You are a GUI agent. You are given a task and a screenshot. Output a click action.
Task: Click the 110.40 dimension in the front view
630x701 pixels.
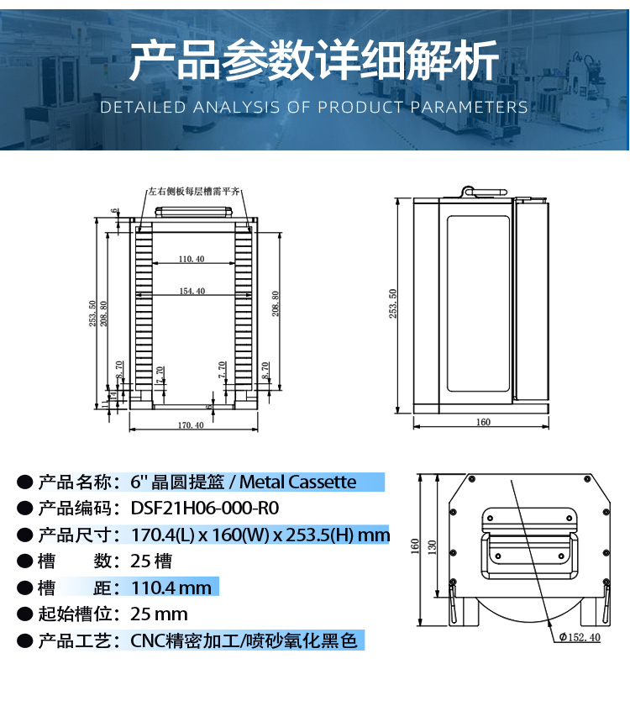[192, 259]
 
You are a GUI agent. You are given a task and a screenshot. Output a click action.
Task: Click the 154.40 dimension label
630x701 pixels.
[192, 291]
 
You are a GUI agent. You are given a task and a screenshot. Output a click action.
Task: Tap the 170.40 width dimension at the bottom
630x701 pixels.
[191, 425]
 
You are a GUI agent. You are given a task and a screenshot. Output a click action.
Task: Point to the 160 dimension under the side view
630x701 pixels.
[483, 422]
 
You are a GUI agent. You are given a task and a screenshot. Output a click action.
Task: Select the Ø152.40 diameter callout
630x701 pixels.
[580, 637]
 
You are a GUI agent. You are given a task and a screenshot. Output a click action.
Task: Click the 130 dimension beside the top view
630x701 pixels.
[432, 546]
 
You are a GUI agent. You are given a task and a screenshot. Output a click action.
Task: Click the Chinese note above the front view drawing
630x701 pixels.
[194, 192]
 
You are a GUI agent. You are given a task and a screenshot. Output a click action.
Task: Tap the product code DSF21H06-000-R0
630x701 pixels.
[205, 509]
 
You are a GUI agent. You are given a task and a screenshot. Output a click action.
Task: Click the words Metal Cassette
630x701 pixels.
[297, 482]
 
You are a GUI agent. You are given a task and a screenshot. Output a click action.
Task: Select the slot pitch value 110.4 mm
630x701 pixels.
[171, 588]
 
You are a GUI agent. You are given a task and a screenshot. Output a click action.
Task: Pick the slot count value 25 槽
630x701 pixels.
[151, 561]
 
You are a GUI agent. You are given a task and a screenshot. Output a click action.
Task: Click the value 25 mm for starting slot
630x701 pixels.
[159, 614]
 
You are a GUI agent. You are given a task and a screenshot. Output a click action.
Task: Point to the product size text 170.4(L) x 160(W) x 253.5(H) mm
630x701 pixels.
[260, 535]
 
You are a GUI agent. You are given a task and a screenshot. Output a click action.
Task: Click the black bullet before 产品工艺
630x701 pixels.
[25, 641]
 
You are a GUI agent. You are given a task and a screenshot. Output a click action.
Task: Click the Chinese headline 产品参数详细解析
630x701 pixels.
[314, 60]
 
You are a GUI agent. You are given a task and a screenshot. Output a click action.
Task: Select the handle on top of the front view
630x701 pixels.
[193, 212]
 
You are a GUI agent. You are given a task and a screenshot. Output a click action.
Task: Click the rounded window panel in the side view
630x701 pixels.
[479, 304]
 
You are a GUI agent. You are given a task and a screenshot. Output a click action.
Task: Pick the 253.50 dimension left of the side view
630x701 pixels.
[393, 303]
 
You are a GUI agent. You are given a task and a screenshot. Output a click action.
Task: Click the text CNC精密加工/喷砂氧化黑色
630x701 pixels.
[244, 640]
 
